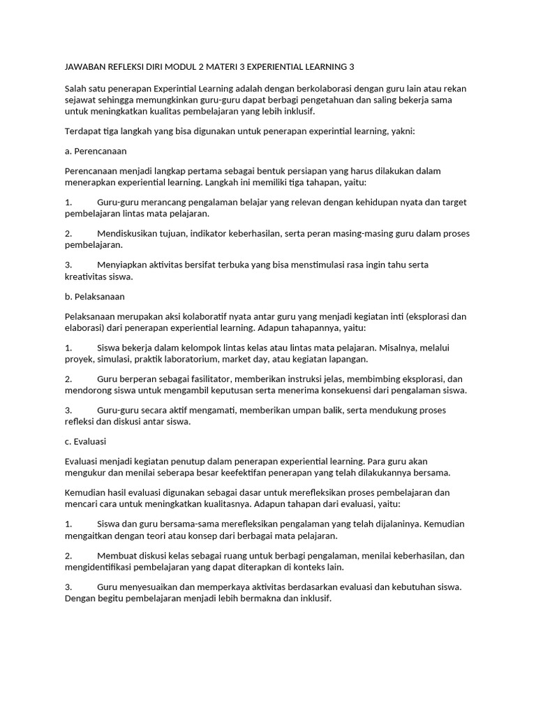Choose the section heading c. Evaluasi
click(84, 442)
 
